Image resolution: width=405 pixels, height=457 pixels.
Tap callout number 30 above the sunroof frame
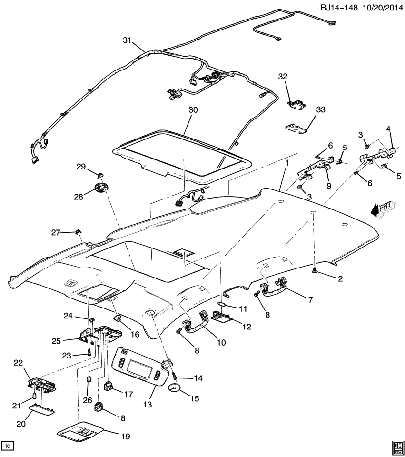(180, 109)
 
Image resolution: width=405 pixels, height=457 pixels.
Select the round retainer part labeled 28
(101, 189)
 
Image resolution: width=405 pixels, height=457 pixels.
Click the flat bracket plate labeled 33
(296, 129)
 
